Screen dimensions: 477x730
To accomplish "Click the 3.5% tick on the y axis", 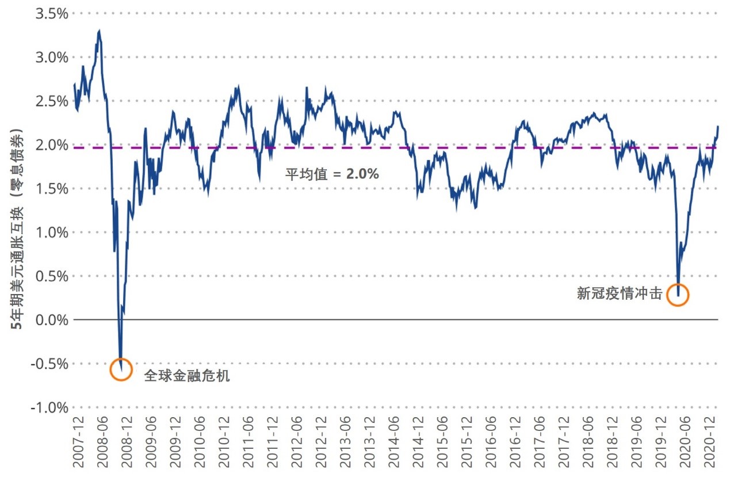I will pos(51,13).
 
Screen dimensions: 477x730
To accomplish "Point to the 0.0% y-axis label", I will pos(51,320).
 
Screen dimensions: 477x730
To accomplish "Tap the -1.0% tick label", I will pos(49,407).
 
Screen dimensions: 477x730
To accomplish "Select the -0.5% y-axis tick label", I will pos(49,364).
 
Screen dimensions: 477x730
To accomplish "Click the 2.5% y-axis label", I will pos(51,101).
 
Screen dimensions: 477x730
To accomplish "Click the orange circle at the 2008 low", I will pos(121,369).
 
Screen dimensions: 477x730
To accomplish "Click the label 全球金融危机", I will pos(186,376).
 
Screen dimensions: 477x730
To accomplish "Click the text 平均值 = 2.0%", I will pos(332,173).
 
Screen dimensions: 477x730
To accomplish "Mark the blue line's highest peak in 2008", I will pos(100,31).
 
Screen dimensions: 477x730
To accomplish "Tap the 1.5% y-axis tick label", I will pos(51,189).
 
